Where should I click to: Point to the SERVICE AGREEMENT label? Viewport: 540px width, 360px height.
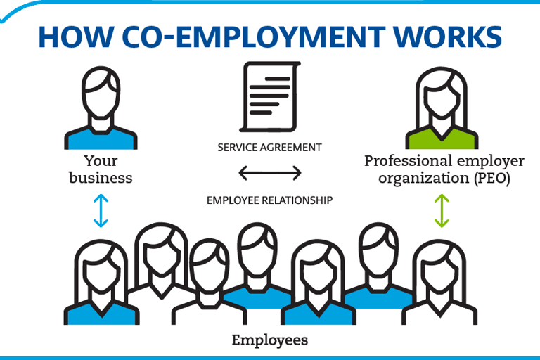[269, 148]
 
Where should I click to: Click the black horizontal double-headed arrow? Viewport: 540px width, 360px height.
[269, 173]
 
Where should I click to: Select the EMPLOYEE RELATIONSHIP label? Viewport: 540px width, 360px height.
[269, 200]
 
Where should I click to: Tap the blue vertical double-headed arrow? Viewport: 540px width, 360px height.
[101, 212]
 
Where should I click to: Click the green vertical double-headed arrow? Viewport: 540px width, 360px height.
[441, 212]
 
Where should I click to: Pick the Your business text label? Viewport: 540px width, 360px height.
[101, 169]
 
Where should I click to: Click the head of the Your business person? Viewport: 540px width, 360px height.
[101, 95]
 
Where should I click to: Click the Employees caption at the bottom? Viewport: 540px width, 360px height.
[270, 340]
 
